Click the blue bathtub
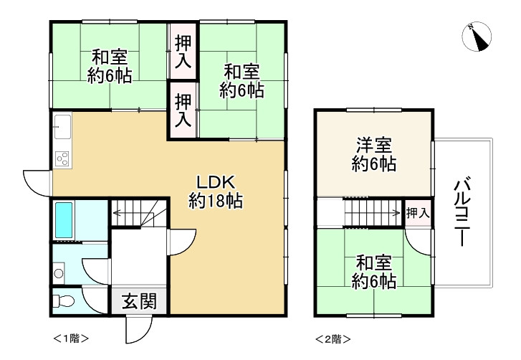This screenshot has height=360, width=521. [65, 221]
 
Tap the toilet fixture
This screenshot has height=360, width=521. [64, 300]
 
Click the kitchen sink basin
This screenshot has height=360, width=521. [61, 128]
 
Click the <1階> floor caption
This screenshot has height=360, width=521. [71, 337]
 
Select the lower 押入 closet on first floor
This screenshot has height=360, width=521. [183, 110]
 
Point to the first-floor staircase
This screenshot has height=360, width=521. [140, 212]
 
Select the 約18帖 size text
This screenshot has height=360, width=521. [216, 202]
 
